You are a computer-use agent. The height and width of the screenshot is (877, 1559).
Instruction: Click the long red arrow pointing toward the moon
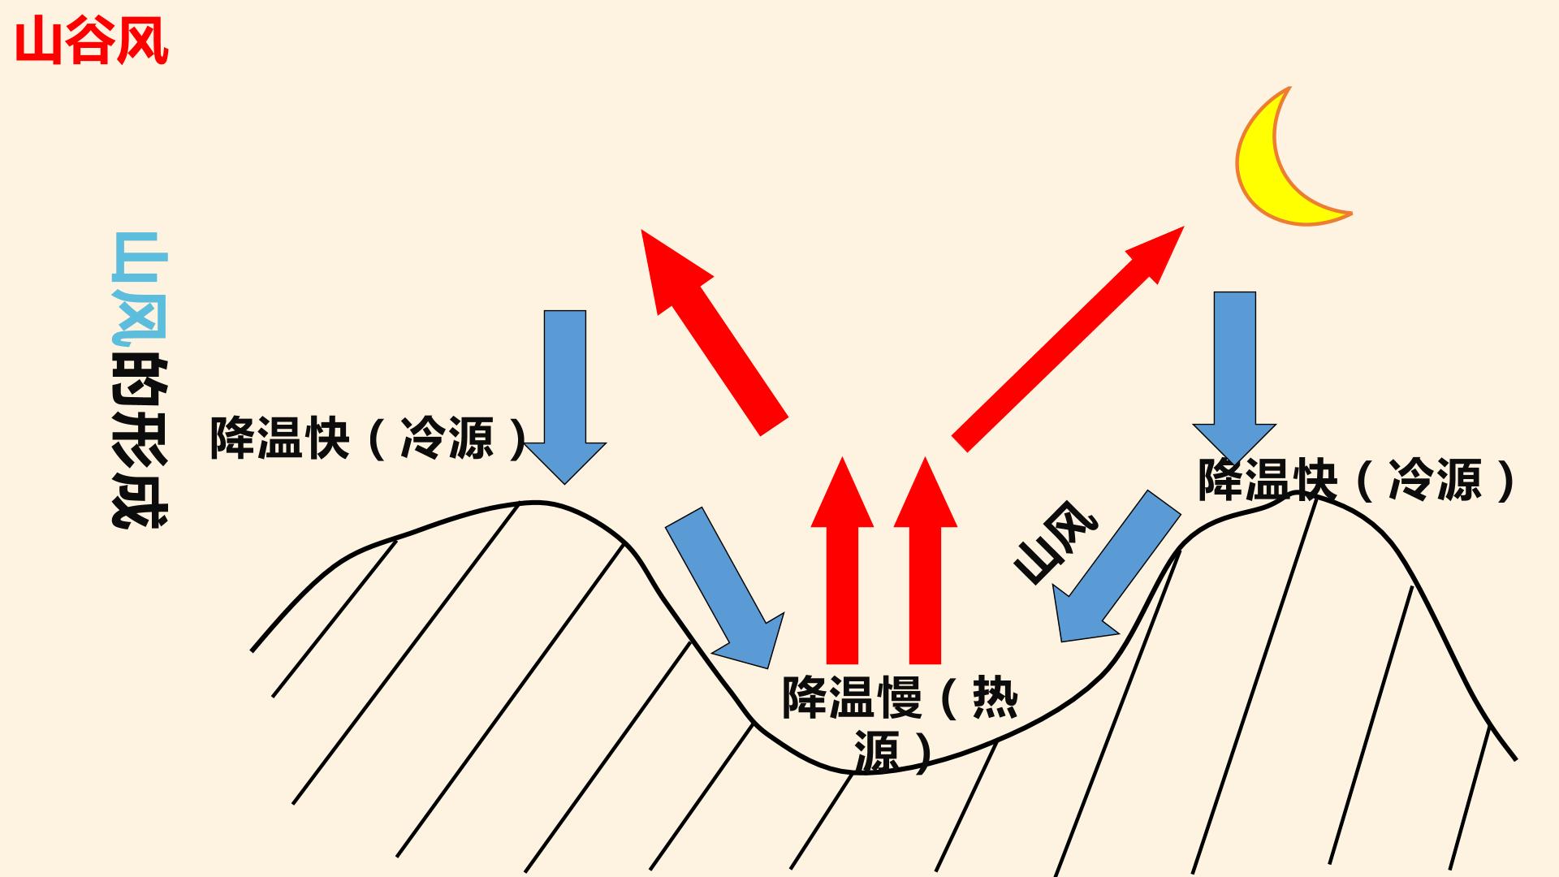1069,338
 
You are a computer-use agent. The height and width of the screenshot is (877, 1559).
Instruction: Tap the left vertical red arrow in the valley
842,560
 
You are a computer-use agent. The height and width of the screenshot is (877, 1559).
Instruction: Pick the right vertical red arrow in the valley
925,560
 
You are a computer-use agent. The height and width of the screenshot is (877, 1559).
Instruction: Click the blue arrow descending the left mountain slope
724,587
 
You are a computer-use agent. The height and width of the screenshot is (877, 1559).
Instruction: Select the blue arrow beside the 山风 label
1116,566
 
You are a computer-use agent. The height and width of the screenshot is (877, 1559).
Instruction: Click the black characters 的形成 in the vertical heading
139,442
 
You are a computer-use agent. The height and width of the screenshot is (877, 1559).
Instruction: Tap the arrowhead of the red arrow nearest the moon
1157,253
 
